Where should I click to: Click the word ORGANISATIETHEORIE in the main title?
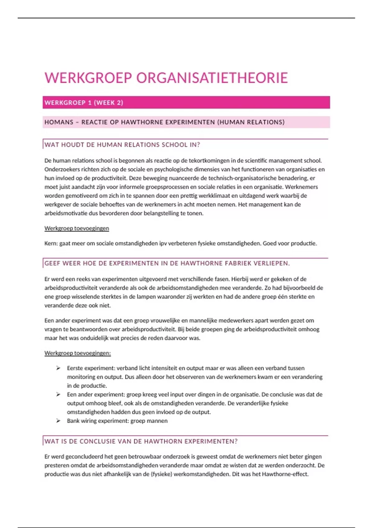[x=212, y=78]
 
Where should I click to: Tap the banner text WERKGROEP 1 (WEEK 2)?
[x=84, y=103]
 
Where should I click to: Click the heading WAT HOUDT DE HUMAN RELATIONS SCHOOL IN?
[x=122, y=145]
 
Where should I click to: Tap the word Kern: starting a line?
[x=51, y=244]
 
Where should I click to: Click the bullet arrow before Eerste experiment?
[x=58, y=368]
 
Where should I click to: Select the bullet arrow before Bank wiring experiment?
[x=58, y=421]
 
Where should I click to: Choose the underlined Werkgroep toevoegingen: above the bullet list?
[x=77, y=353]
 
